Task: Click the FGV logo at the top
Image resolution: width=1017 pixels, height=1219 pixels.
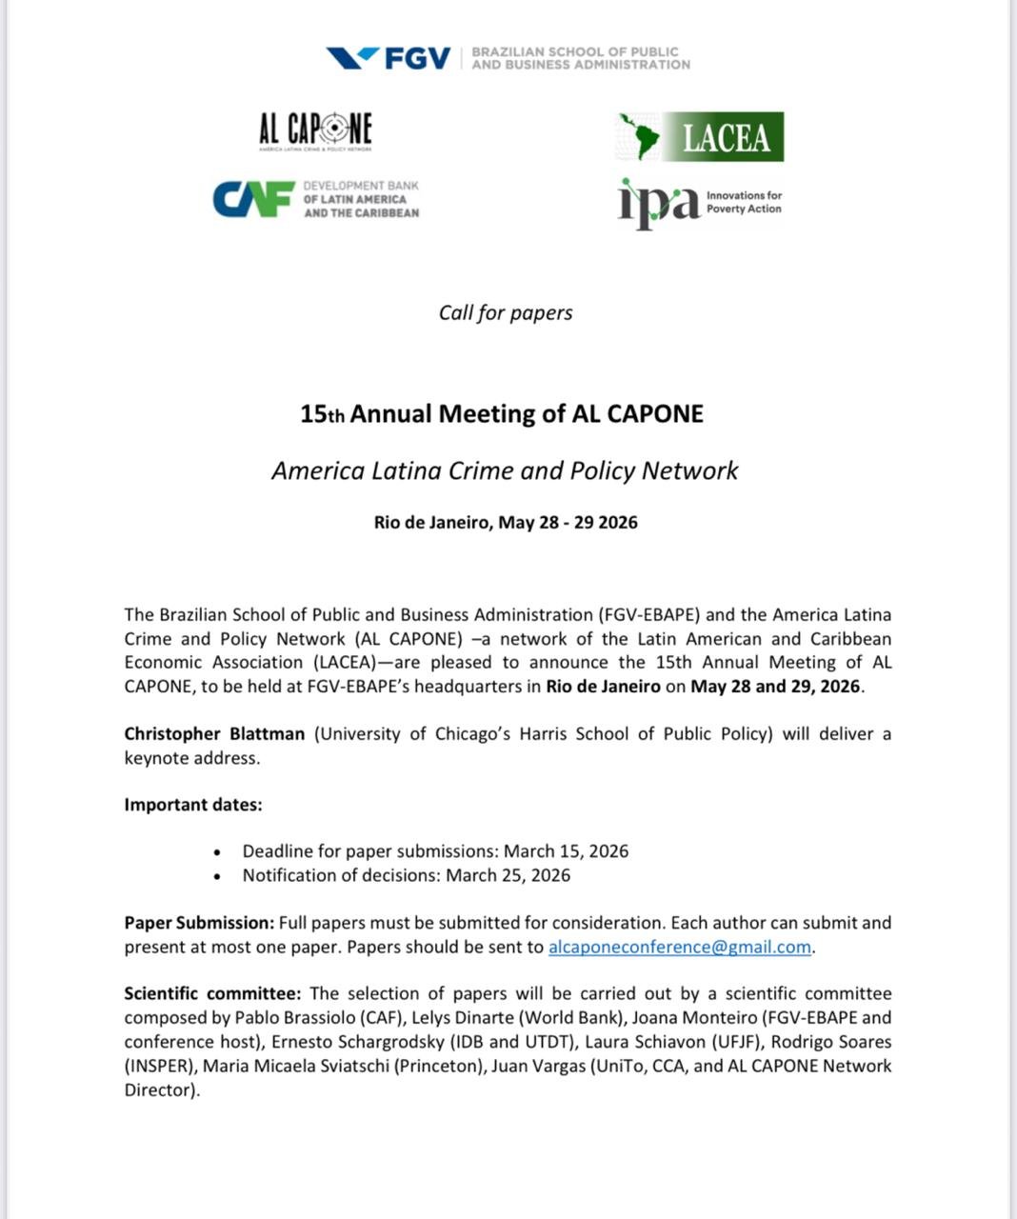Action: point(389,59)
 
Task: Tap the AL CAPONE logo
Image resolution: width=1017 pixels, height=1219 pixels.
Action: point(315,130)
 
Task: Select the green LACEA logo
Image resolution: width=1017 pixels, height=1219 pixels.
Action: point(701,137)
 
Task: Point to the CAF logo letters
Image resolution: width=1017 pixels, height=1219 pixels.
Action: point(252,199)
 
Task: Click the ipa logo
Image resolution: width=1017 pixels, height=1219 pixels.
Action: point(659,203)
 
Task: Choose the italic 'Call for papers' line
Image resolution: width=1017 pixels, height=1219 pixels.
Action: point(506,313)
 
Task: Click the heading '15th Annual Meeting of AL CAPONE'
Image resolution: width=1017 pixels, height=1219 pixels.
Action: point(502,414)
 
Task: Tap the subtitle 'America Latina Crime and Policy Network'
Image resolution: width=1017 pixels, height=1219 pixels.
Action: point(505,471)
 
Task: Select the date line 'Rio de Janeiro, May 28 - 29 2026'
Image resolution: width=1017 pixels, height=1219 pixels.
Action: point(506,522)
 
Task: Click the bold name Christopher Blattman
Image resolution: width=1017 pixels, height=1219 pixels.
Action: point(214,734)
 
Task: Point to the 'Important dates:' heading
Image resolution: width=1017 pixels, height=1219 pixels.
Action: point(193,805)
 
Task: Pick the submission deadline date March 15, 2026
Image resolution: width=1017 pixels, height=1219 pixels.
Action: point(566,851)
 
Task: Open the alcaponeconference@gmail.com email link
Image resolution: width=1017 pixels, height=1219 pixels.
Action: point(680,948)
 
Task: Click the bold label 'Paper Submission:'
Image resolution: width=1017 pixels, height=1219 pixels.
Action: point(199,923)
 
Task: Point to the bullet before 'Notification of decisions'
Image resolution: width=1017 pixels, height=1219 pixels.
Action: point(218,876)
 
